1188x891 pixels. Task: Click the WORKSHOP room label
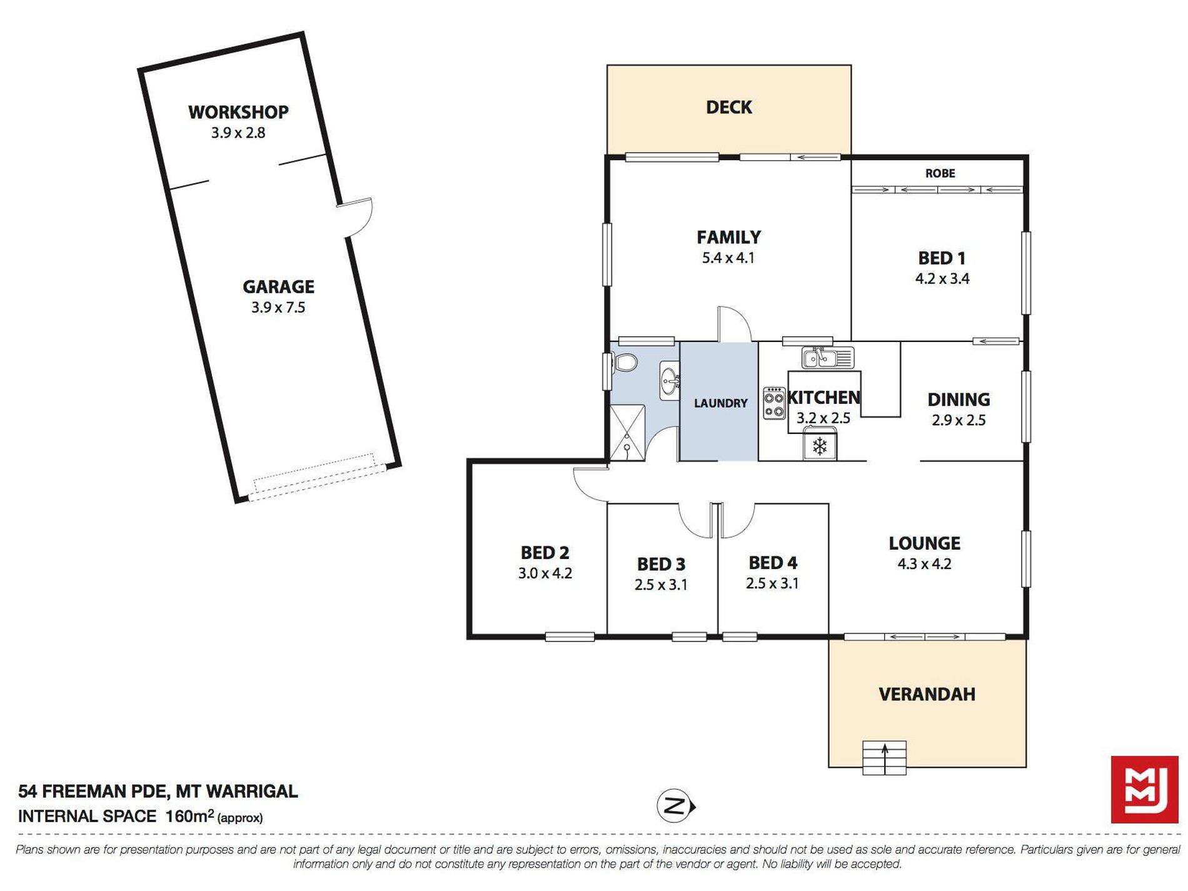[x=238, y=112]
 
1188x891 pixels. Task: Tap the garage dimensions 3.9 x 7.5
[x=278, y=307]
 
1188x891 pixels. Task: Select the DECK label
[x=729, y=108]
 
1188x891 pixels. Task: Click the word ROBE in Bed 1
[x=940, y=173]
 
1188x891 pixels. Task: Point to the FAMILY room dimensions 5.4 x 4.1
[x=728, y=258]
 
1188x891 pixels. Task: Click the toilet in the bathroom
[x=625, y=362]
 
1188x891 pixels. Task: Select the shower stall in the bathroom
[x=627, y=433]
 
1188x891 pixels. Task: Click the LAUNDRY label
[x=720, y=403]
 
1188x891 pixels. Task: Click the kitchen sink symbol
[x=828, y=358]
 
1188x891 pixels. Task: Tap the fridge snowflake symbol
[x=820, y=446]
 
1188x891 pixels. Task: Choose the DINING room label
[x=959, y=400]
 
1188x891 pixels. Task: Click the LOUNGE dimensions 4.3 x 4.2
[x=924, y=564]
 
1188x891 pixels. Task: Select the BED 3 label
[x=661, y=564]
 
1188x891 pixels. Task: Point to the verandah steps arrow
[x=884, y=758]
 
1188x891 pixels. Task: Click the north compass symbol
[x=675, y=806]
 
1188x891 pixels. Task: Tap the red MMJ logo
[x=1144, y=789]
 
